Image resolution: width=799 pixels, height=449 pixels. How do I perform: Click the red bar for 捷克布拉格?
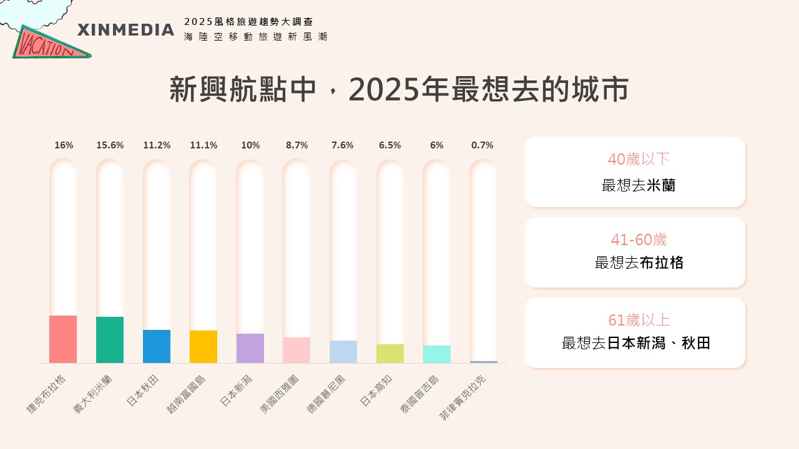(63, 339)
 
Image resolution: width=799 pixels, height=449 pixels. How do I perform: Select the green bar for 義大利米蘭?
(110, 340)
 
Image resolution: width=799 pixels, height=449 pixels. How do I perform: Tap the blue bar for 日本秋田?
(157, 346)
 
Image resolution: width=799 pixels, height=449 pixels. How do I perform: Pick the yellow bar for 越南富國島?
(203, 347)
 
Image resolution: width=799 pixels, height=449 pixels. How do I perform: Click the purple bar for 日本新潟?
(250, 348)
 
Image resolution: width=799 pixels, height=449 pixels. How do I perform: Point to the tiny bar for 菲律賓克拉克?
(484, 362)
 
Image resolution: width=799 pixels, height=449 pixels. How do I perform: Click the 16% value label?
(64, 145)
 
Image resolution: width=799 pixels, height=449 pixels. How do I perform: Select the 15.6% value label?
(110, 145)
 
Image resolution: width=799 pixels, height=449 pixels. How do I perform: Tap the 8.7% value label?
(297, 145)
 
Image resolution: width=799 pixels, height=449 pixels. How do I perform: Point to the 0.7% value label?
(482, 145)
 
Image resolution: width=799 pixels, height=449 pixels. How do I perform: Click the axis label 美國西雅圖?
(280, 394)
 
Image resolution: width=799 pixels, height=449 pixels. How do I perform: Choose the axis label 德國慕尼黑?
(326, 394)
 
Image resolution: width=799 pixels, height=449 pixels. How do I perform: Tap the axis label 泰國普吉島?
(419, 395)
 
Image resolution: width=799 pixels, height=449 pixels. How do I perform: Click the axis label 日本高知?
(375, 391)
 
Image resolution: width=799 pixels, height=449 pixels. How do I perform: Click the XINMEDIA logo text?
(125, 30)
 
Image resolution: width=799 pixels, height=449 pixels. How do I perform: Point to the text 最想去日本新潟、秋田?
(636, 343)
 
